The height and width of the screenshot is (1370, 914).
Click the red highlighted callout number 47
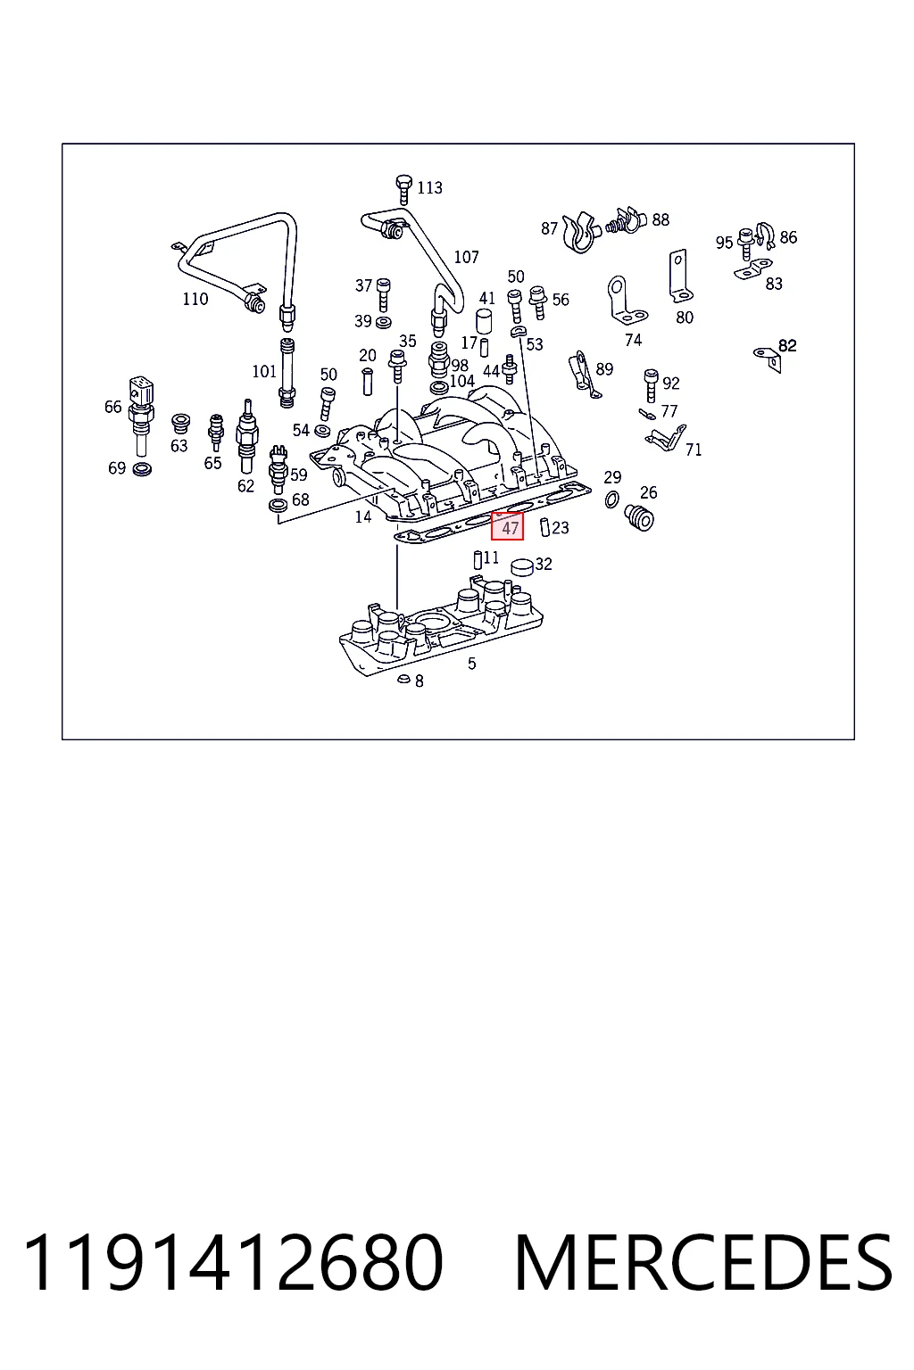point(508,526)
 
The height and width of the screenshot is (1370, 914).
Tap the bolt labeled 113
point(403,189)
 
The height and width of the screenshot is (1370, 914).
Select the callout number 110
point(195,299)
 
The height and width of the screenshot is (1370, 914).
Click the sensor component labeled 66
point(140,416)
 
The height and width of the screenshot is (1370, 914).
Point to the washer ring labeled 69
point(142,470)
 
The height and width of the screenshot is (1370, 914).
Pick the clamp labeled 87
point(579,233)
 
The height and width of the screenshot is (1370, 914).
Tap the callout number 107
point(467,257)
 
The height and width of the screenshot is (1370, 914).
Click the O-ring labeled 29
point(611,499)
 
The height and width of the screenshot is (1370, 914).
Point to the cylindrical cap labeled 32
point(523,567)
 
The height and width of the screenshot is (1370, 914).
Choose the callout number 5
point(471,664)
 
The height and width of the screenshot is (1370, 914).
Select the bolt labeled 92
point(651,385)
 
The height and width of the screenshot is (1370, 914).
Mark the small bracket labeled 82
point(768,359)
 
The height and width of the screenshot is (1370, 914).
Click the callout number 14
point(363,517)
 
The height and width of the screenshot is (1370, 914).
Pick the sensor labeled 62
point(246,435)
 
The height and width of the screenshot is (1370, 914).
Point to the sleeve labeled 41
point(485,321)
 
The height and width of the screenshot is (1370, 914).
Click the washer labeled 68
point(278,506)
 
